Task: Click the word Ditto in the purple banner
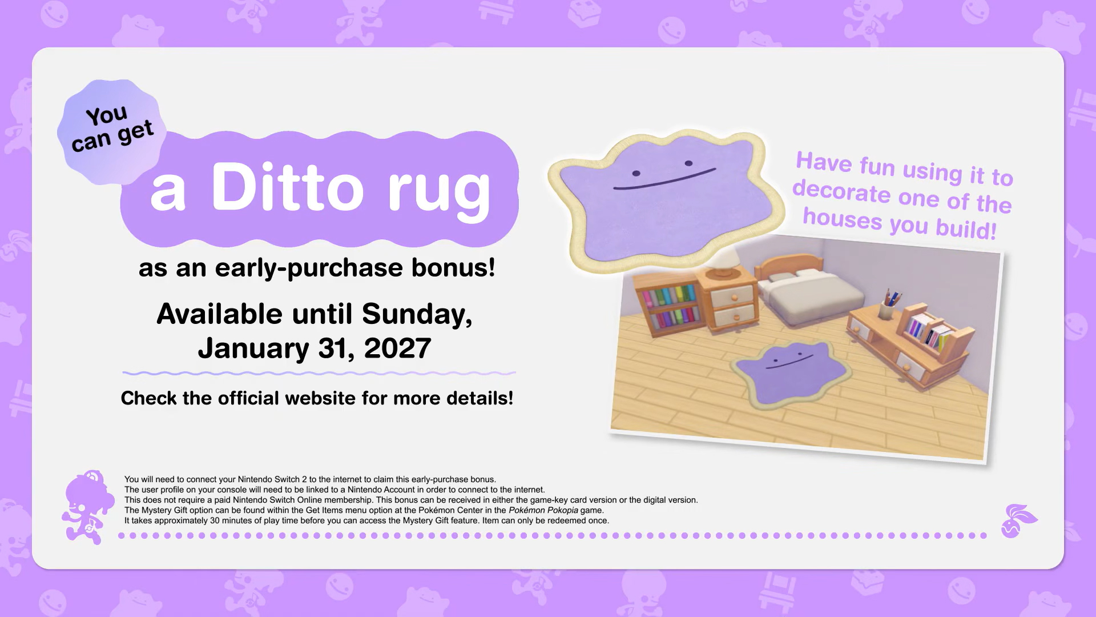pyautogui.click(x=287, y=186)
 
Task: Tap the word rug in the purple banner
pyautogui.click(x=439, y=192)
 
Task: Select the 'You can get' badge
pyautogui.click(x=112, y=131)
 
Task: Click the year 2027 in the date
pyautogui.click(x=397, y=348)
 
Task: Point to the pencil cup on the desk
pyautogui.click(x=888, y=306)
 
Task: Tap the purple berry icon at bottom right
pyautogui.click(x=1018, y=520)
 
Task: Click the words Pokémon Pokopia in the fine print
pyautogui.click(x=543, y=510)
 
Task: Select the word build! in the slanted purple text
pyautogui.click(x=965, y=229)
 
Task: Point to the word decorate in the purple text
pyautogui.click(x=841, y=191)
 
